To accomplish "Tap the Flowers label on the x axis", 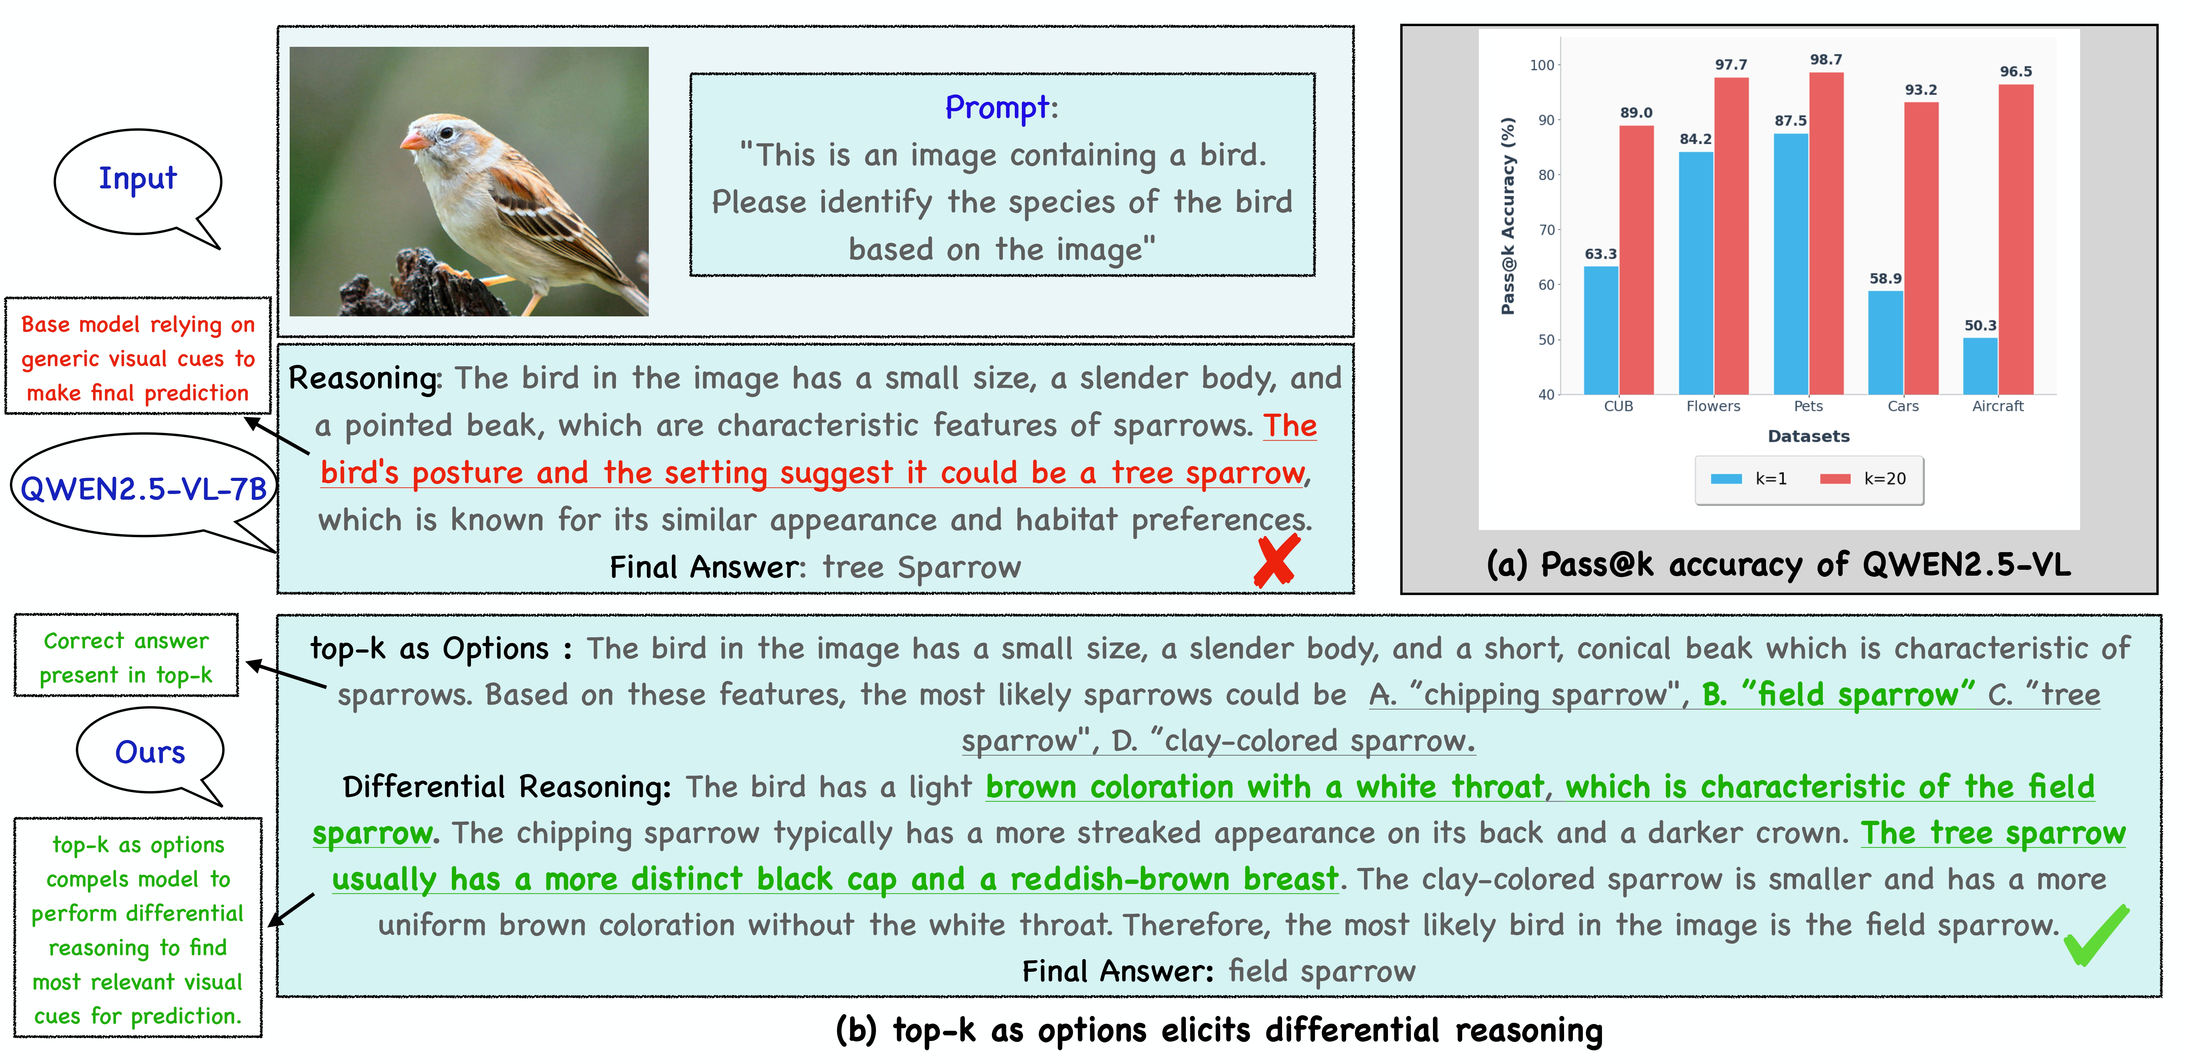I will click(1712, 406).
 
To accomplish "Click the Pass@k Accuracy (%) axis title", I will click(1508, 216).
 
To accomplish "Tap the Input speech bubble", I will click(138, 180).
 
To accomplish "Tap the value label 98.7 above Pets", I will click(1825, 59).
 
